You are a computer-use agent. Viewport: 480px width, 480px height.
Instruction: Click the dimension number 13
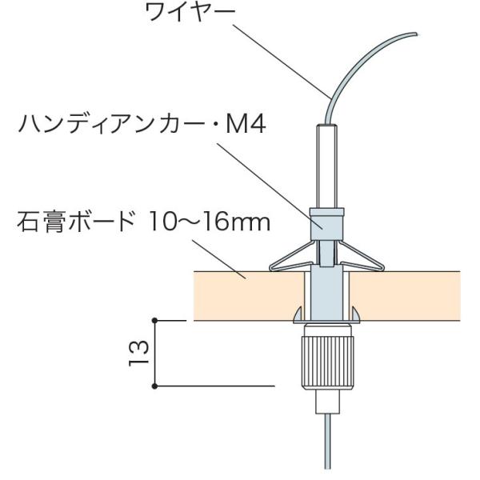click(137, 352)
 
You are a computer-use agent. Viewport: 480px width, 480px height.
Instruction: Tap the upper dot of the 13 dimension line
click(155, 320)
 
